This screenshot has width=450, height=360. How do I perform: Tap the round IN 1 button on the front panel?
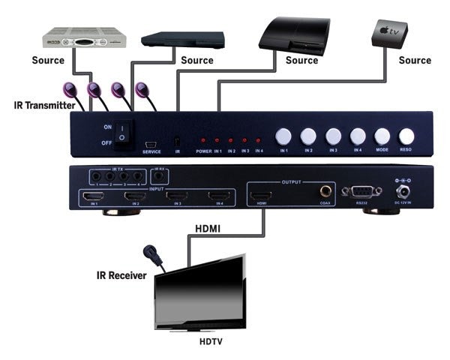tap(283, 136)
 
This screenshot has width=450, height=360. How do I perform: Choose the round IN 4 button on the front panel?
tap(358, 136)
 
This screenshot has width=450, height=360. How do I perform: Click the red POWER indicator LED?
tap(203, 140)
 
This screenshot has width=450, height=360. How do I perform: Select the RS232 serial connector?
tap(356, 190)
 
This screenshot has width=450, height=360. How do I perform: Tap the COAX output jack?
tap(325, 192)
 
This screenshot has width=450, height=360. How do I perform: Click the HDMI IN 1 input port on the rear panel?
tap(94, 198)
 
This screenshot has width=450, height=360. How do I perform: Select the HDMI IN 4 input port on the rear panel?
tap(217, 198)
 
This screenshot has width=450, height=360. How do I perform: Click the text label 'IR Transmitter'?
tap(43, 106)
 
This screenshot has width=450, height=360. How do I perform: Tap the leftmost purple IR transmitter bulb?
tap(75, 89)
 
